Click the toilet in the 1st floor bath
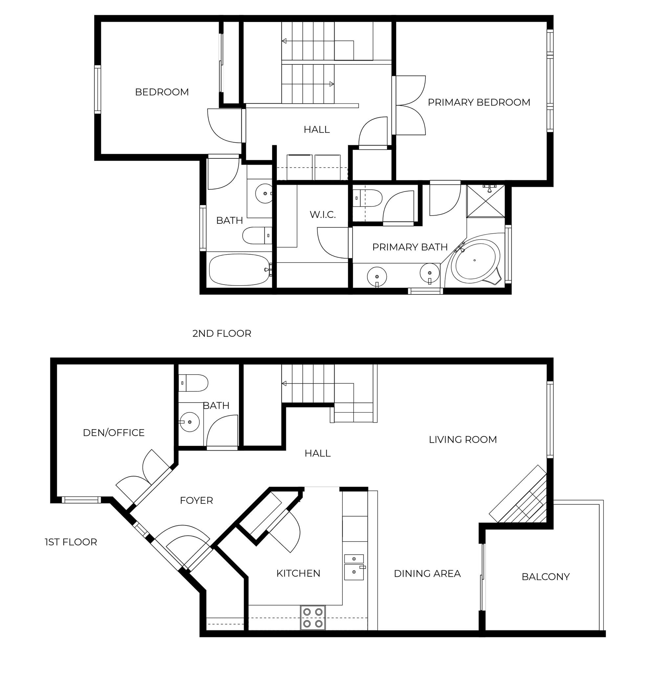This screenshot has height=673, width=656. point(193,383)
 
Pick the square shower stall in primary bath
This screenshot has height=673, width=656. point(486,201)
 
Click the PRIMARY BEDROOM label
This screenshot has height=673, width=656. point(479,103)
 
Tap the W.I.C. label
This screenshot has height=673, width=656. point(322,215)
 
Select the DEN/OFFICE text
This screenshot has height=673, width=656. point(114,433)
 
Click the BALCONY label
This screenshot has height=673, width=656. point(546,576)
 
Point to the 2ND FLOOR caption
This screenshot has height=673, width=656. point(222,334)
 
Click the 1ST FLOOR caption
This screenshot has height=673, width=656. point(71,542)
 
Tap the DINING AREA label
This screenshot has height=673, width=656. point(427,573)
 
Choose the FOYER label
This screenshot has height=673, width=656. point(196,500)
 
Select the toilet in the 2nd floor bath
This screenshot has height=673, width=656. point(257,236)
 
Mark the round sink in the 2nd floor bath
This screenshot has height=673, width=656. point(265,194)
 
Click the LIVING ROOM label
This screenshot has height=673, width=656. point(463,440)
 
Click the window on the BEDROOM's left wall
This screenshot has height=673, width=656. point(98,90)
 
